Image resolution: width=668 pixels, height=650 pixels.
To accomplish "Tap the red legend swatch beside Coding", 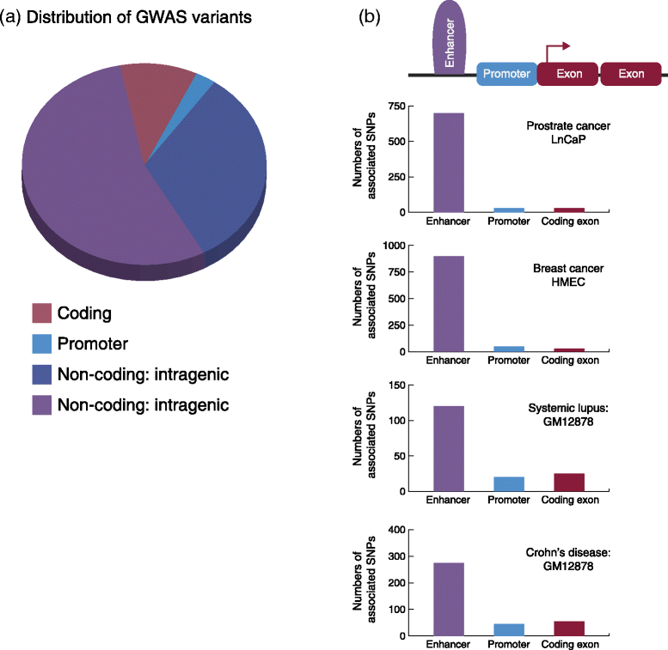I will point(41,313).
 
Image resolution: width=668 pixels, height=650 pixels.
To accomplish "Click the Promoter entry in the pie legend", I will point(92,343).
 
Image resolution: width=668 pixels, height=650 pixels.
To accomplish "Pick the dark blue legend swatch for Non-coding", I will point(41,374).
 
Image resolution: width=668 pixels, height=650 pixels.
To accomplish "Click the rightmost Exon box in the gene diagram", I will point(630,75).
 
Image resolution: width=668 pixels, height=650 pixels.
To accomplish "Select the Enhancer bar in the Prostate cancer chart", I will point(449,162).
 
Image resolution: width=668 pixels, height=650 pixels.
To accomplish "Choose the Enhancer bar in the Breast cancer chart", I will point(449,304).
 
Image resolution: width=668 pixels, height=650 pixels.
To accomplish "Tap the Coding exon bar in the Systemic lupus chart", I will point(569,483).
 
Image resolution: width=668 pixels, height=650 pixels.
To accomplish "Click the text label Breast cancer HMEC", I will point(568,275).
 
